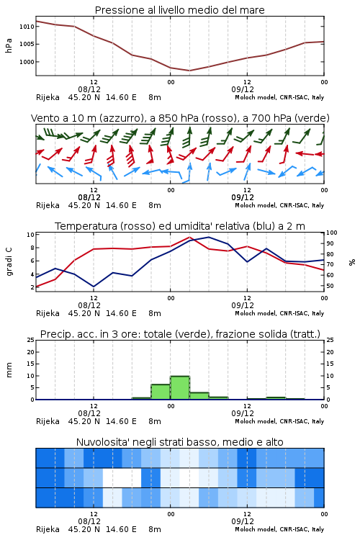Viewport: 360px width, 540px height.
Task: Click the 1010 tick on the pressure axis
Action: (x=27, y=27)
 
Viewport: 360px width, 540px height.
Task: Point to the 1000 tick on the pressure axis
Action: (x=27, y=62)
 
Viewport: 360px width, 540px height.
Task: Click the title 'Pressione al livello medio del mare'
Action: (x=180, y=10)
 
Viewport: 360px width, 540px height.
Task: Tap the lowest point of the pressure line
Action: (x=189, y=71)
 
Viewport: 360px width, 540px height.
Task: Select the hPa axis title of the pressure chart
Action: (x=9, y=45)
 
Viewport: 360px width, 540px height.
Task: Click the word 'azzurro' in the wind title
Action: (x=120, y=118)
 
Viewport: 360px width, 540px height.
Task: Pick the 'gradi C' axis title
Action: (x=9, y=261)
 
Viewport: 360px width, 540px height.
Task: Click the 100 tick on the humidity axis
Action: (x=332, y=233)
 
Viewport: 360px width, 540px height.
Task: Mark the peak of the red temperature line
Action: (x=189, y=237)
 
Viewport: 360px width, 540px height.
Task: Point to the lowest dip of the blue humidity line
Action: (x=94, y=287)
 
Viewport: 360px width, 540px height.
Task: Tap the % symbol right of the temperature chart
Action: (x=352, y=262)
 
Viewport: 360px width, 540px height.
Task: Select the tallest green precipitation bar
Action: (x=180, y=388)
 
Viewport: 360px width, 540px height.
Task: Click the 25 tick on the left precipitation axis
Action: (x=31, y=340)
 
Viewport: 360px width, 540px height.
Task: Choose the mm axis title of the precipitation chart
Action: (x=9, y=370)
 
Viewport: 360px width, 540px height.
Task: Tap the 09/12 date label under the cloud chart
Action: (x=243, y=521)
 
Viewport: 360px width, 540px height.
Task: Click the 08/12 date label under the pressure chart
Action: (x=89, y=89)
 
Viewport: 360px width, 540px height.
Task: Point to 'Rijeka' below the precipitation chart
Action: (x=48, y=421)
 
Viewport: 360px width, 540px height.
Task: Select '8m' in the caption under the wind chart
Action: (x=155, y=205)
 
